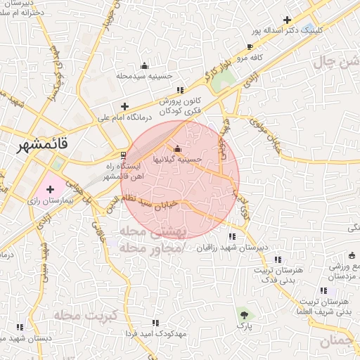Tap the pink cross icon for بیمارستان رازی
(50, 189)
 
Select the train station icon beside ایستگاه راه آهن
(124, 155)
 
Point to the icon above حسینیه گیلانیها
(176, 148)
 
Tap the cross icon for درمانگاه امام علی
(124, 106)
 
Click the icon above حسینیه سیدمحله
(145, 65)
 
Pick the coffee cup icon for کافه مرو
(250, 47)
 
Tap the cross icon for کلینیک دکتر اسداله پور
(286, 20)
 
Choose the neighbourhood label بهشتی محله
(152, 233)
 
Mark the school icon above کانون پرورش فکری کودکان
(180, 89)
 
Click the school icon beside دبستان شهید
(20, 327)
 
